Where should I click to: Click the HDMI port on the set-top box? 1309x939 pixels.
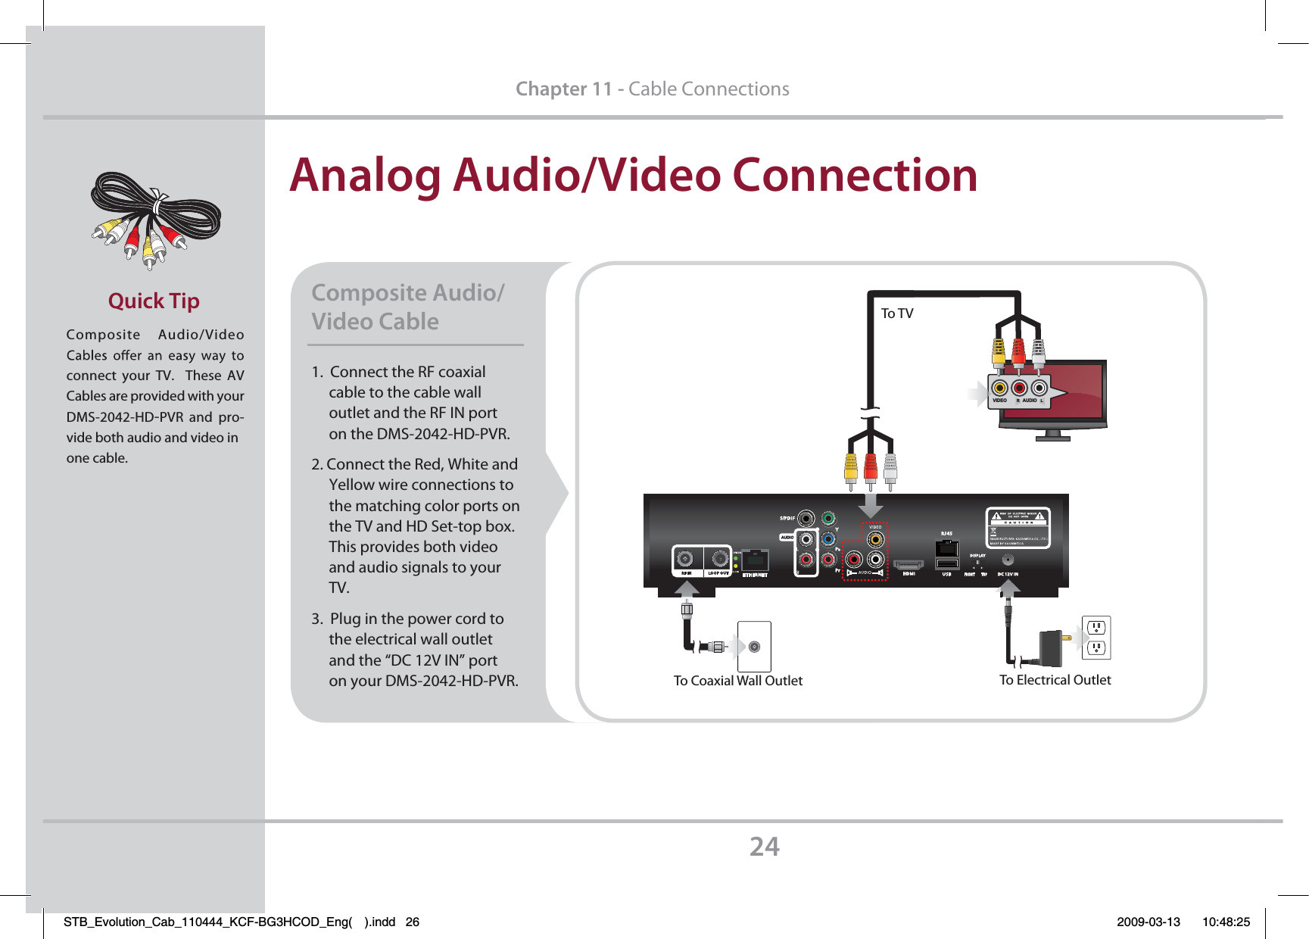click(909, 564)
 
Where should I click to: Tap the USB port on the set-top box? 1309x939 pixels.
click(946, 563)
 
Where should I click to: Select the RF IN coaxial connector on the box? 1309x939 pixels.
click(685, 559)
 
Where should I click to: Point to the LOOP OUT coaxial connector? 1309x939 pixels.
click(718, 559)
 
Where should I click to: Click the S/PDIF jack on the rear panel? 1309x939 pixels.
click(806, 519)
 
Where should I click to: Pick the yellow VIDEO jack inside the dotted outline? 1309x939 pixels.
click(876, 539)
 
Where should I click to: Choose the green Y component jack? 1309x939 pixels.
click(828, 519)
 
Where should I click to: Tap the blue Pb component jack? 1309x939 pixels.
click(828, 539)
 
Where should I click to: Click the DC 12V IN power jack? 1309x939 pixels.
click(1008, 560)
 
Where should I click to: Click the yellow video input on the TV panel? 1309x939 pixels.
click(999, 389)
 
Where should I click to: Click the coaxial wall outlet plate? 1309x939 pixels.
click(754, 646)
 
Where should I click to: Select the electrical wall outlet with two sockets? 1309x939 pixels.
click(1096, 638)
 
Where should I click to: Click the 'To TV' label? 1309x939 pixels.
click(897, 314)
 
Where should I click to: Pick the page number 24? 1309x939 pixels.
click(764, 847)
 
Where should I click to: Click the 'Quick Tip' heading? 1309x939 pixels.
click(154, 301)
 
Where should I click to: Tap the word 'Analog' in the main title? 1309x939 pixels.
click(365, 176)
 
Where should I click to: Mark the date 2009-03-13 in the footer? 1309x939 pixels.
click(1148, 922)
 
